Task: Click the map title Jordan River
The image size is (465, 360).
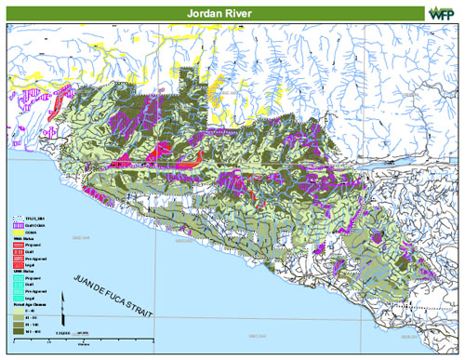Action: (x=232, y=11)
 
